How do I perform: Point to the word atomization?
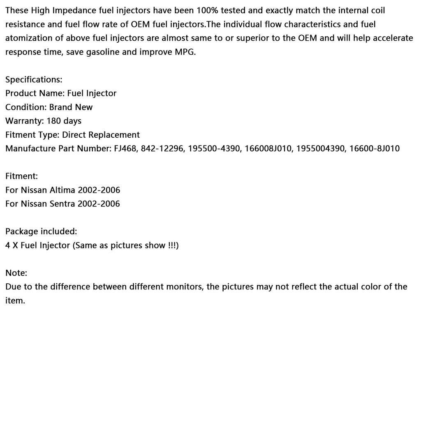[28, 38]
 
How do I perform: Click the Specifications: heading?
[34, 79]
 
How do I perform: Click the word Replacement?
[114, 135]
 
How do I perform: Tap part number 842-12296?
[162, 148]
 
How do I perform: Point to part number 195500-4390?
[214, 148]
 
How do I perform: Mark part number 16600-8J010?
[375, 148]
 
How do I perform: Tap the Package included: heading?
[41, 231]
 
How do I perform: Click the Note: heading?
[16, 273]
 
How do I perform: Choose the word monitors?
[184, 287]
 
